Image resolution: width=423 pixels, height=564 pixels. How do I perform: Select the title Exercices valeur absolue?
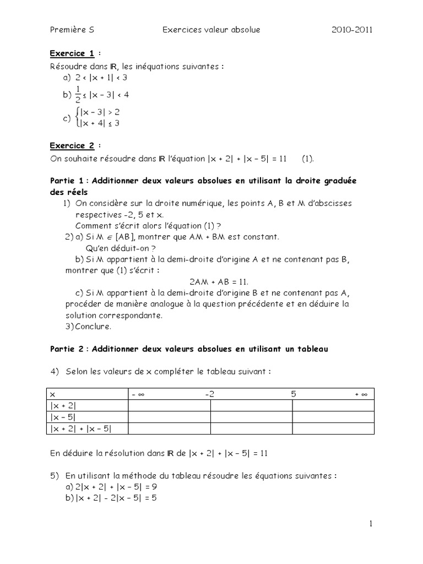(x=211, y=30)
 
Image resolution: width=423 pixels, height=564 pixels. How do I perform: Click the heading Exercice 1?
(x=72, y=53)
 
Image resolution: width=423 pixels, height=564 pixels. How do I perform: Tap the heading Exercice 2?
(x=72, y=146)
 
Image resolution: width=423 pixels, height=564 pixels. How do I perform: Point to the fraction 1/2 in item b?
(x=77, y=94)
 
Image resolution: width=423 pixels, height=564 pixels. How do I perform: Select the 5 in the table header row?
(x=294, y=394)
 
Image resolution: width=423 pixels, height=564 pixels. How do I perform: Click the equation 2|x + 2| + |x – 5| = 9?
(x=113, y=487)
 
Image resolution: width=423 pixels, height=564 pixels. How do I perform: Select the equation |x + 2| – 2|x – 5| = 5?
(x=113, y=499)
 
